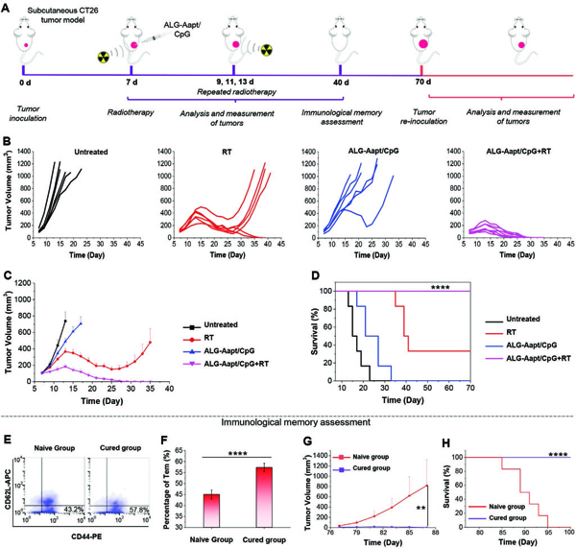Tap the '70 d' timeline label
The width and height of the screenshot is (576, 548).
coord(421,96)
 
